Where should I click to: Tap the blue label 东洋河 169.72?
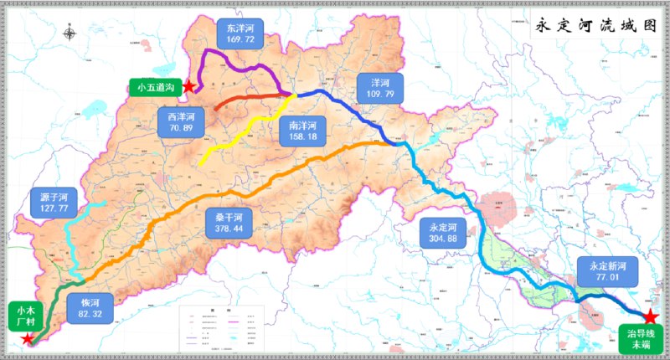tap(240, 33)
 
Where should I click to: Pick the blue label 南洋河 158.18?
tap(302, 131)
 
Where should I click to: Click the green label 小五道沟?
tap(157, 86)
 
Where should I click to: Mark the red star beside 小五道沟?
tap(190, 86)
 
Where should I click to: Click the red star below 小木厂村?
tap(28, 339)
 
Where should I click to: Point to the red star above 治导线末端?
tap(650, 316)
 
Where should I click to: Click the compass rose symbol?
tap(70, 35)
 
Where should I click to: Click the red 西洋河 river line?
tap(243, 99)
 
